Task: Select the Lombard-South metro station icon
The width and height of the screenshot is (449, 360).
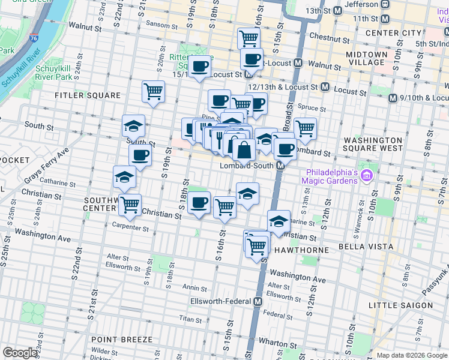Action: pos(280,166)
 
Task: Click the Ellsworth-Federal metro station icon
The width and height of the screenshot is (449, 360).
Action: pos(258,301)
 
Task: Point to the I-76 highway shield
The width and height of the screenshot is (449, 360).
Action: pos(34,38)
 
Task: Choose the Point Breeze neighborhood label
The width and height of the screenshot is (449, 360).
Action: pos(121,339)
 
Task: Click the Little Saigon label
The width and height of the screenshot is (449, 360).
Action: pos(400,305)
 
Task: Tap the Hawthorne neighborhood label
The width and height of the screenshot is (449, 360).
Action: pos(300,250)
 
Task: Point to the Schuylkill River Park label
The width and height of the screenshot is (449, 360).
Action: pos(53,73)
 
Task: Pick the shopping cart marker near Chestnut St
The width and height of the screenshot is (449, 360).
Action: pos(248,38)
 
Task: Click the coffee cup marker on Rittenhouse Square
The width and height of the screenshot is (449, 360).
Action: pos(200,66)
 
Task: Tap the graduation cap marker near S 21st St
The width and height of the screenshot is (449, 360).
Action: pos(133,125)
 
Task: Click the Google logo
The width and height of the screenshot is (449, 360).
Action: pos(20,353)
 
